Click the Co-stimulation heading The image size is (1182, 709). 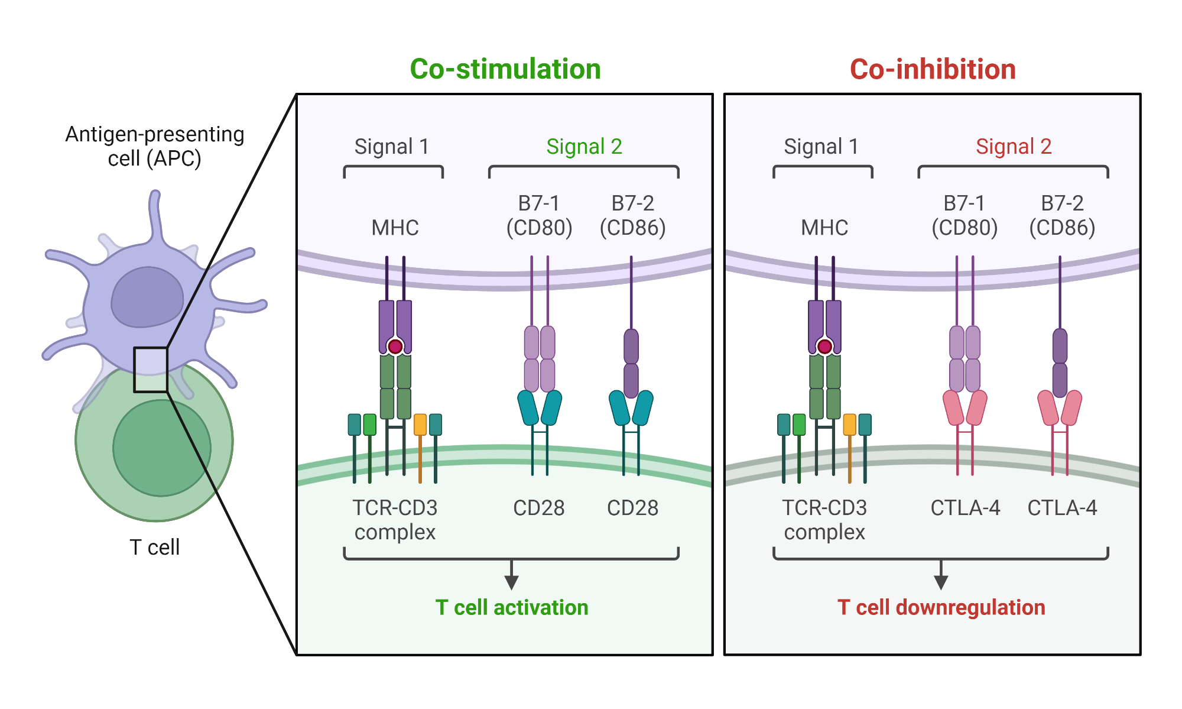pos(505,69)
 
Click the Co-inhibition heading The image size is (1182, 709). pos(933,69)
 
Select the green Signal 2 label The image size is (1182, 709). pos(584,146)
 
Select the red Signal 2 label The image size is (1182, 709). pos(1014,146)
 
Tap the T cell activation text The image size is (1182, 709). pos(512,607)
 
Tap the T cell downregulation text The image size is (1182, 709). pos(941,607)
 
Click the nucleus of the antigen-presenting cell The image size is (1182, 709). pos(147,297)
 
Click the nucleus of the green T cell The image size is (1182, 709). pos(161,448)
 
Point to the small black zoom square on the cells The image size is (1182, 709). pos(151,370)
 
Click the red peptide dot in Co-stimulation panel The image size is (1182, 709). pos(395,347)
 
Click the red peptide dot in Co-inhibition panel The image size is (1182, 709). pos(824,347)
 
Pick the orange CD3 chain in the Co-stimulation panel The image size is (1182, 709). pos(420,425)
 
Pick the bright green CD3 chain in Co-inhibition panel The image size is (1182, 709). pos(799,425)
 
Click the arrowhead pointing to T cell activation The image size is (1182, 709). pos(512,582)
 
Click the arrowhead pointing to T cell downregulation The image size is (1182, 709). pos(941,582)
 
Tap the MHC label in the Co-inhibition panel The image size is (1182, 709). pos(824,228)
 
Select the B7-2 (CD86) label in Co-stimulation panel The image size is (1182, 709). pos(632,215)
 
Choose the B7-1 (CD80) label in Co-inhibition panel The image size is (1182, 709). pos(965,215)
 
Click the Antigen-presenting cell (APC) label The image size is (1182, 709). pos(155,146)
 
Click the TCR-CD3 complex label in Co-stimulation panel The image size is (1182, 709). pos(395,520)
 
